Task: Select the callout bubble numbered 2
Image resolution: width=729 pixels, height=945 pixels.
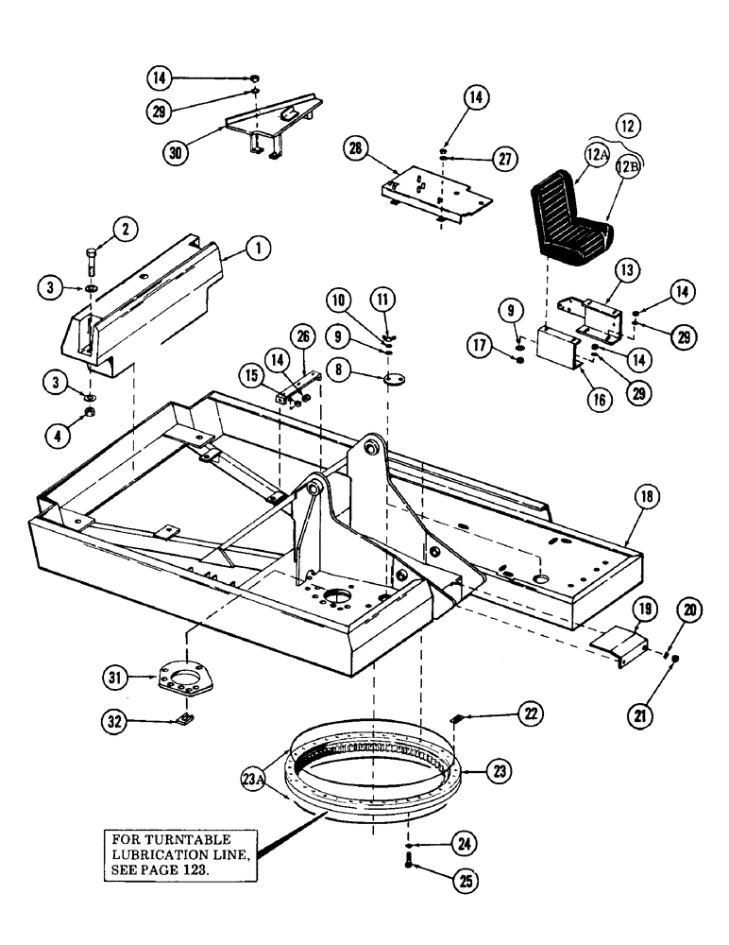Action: (124, 227)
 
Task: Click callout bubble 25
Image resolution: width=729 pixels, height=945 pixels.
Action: (464, 881)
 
